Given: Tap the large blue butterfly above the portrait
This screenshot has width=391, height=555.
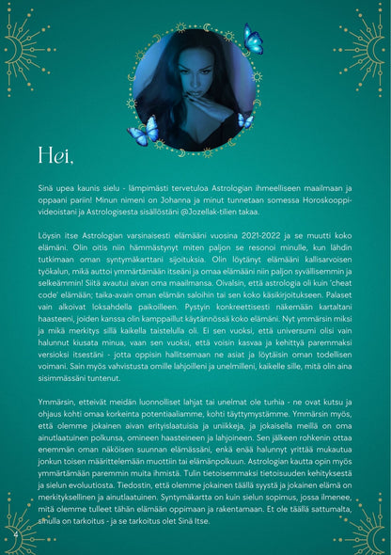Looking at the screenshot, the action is pos(253,40).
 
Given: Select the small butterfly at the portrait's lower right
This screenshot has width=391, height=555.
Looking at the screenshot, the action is pos(245,120).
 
